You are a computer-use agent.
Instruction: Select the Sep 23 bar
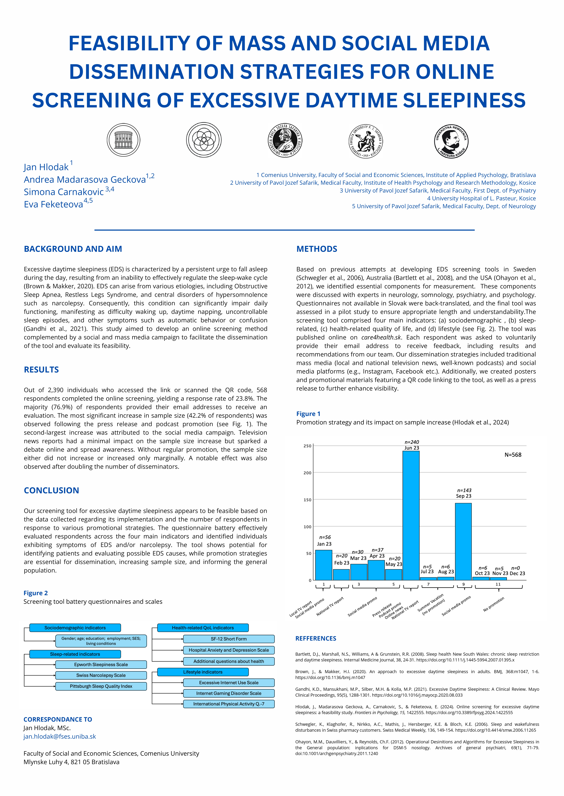pos(463,541)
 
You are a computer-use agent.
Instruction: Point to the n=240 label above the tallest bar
pos(412,442)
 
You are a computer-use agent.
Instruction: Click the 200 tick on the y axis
pos(308,473)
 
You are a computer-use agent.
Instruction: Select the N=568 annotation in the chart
pos(513,455)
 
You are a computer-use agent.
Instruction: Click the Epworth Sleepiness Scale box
pos(101,665)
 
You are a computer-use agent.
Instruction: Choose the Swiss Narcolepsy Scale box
pos(101,675)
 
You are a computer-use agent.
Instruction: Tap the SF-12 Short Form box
pos(229,639)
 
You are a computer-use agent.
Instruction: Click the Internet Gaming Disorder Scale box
pos(229,693)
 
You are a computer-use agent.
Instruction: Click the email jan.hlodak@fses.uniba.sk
pos(60,736)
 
